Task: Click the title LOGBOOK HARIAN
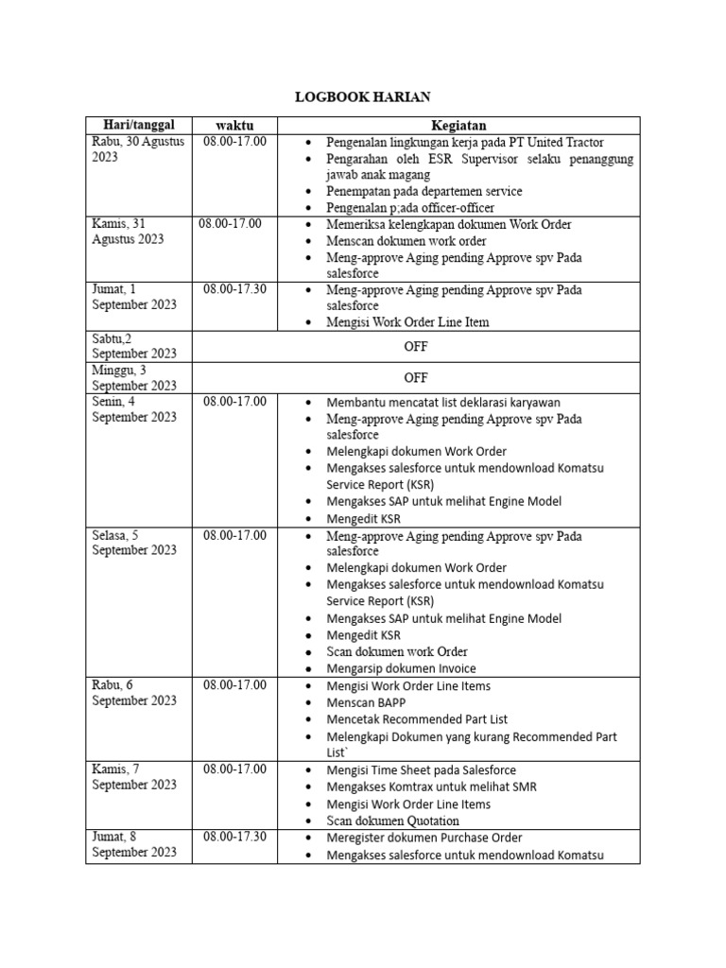pyautogui.click(x=363, y=97)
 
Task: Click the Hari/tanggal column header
pyautogui.click(x=138, y=125)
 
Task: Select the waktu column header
pyautogui.click(x=234, y=125)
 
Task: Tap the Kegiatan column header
pyautogui.click(x=458, y=125)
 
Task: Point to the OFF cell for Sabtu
pyautogui.click(x=416, y=346)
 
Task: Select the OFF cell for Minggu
pyautogui.click(x=416, y=377)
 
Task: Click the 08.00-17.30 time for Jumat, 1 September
pyautogui.click(x=234, y=289)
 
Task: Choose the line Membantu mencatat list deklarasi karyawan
pyautogui.click(x=443, y=402)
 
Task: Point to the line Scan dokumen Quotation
pyautogui.click(x=392, y=821)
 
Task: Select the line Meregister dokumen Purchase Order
pyautogui.click(x=423, y=838)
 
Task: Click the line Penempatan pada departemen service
pyautogui.click(x=423, y=191)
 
